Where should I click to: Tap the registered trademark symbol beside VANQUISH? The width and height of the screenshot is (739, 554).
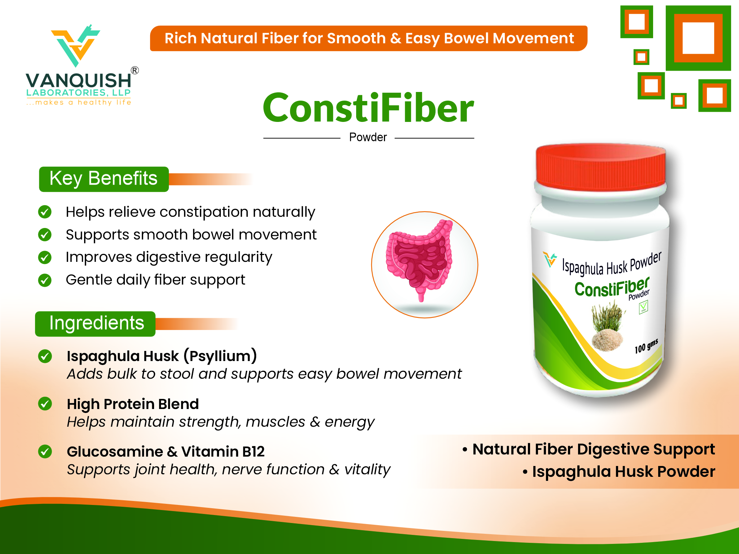[x=135, y=70]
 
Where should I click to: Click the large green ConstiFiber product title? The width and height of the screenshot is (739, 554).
[x=368, y=108]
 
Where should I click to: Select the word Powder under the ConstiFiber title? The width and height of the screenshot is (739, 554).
[x=368, y=137]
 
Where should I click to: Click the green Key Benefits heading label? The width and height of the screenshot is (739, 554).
[x=104, y=179]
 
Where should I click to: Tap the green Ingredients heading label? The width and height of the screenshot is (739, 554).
[x=95, y=324]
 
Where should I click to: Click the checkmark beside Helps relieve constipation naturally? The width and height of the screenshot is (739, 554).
[x=45, y=212]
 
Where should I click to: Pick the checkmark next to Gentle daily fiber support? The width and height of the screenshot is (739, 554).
[x=45, y=280]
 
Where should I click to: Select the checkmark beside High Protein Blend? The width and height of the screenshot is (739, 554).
[x=45, y=404]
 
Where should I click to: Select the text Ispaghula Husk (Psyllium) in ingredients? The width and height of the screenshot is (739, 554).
[x=162, y=356]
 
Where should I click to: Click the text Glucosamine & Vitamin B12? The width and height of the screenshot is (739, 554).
[x=166, y=452]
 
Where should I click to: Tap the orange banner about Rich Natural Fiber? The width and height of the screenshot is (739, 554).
[x=369, y=38]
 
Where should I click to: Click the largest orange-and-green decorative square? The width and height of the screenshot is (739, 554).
[x=698, y=38]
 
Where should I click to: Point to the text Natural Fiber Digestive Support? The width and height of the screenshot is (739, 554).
[x=594, y=449]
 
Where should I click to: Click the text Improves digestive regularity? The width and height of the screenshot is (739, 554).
[x=169, y=258]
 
